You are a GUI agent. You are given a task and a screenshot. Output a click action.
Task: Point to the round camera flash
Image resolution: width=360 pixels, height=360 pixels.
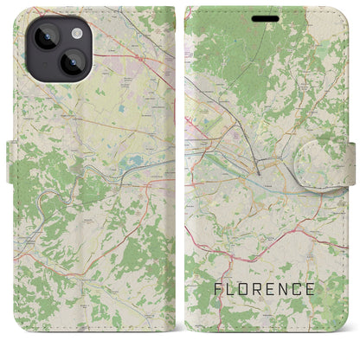[75, 33]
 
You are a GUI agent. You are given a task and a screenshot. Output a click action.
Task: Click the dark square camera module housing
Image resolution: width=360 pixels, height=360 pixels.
[55, 47]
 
